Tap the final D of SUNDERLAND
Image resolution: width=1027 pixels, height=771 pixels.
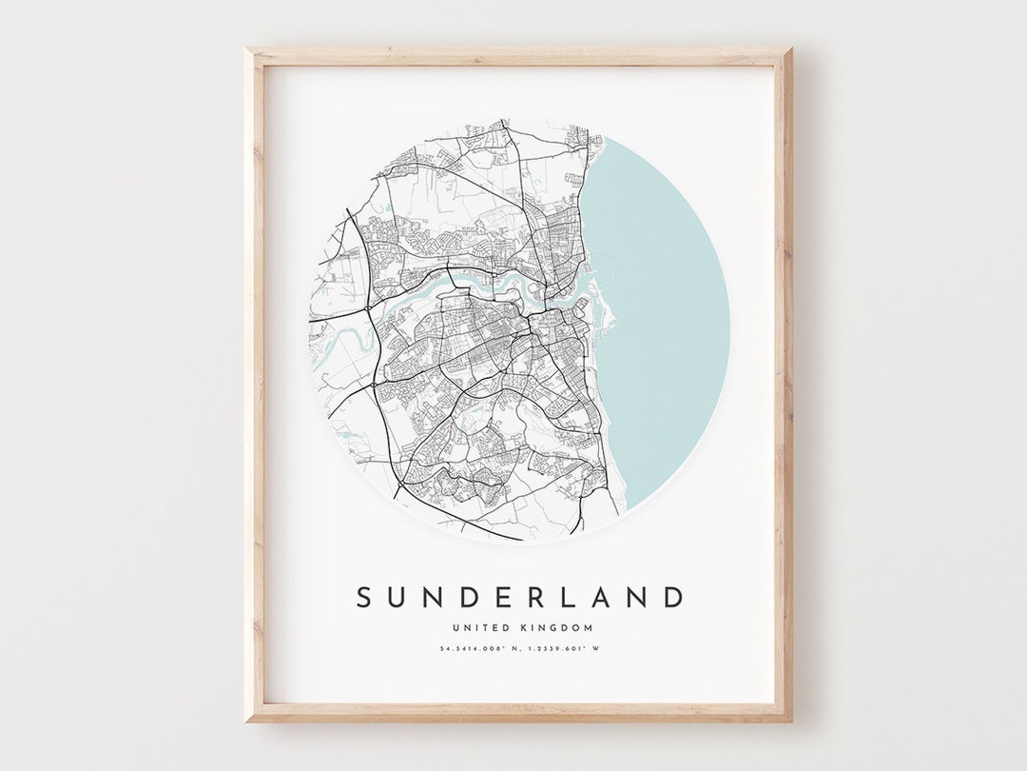coord(673,598)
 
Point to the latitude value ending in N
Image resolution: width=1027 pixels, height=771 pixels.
coord(482,650)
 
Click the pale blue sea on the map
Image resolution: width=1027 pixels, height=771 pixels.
coord(666,324)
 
